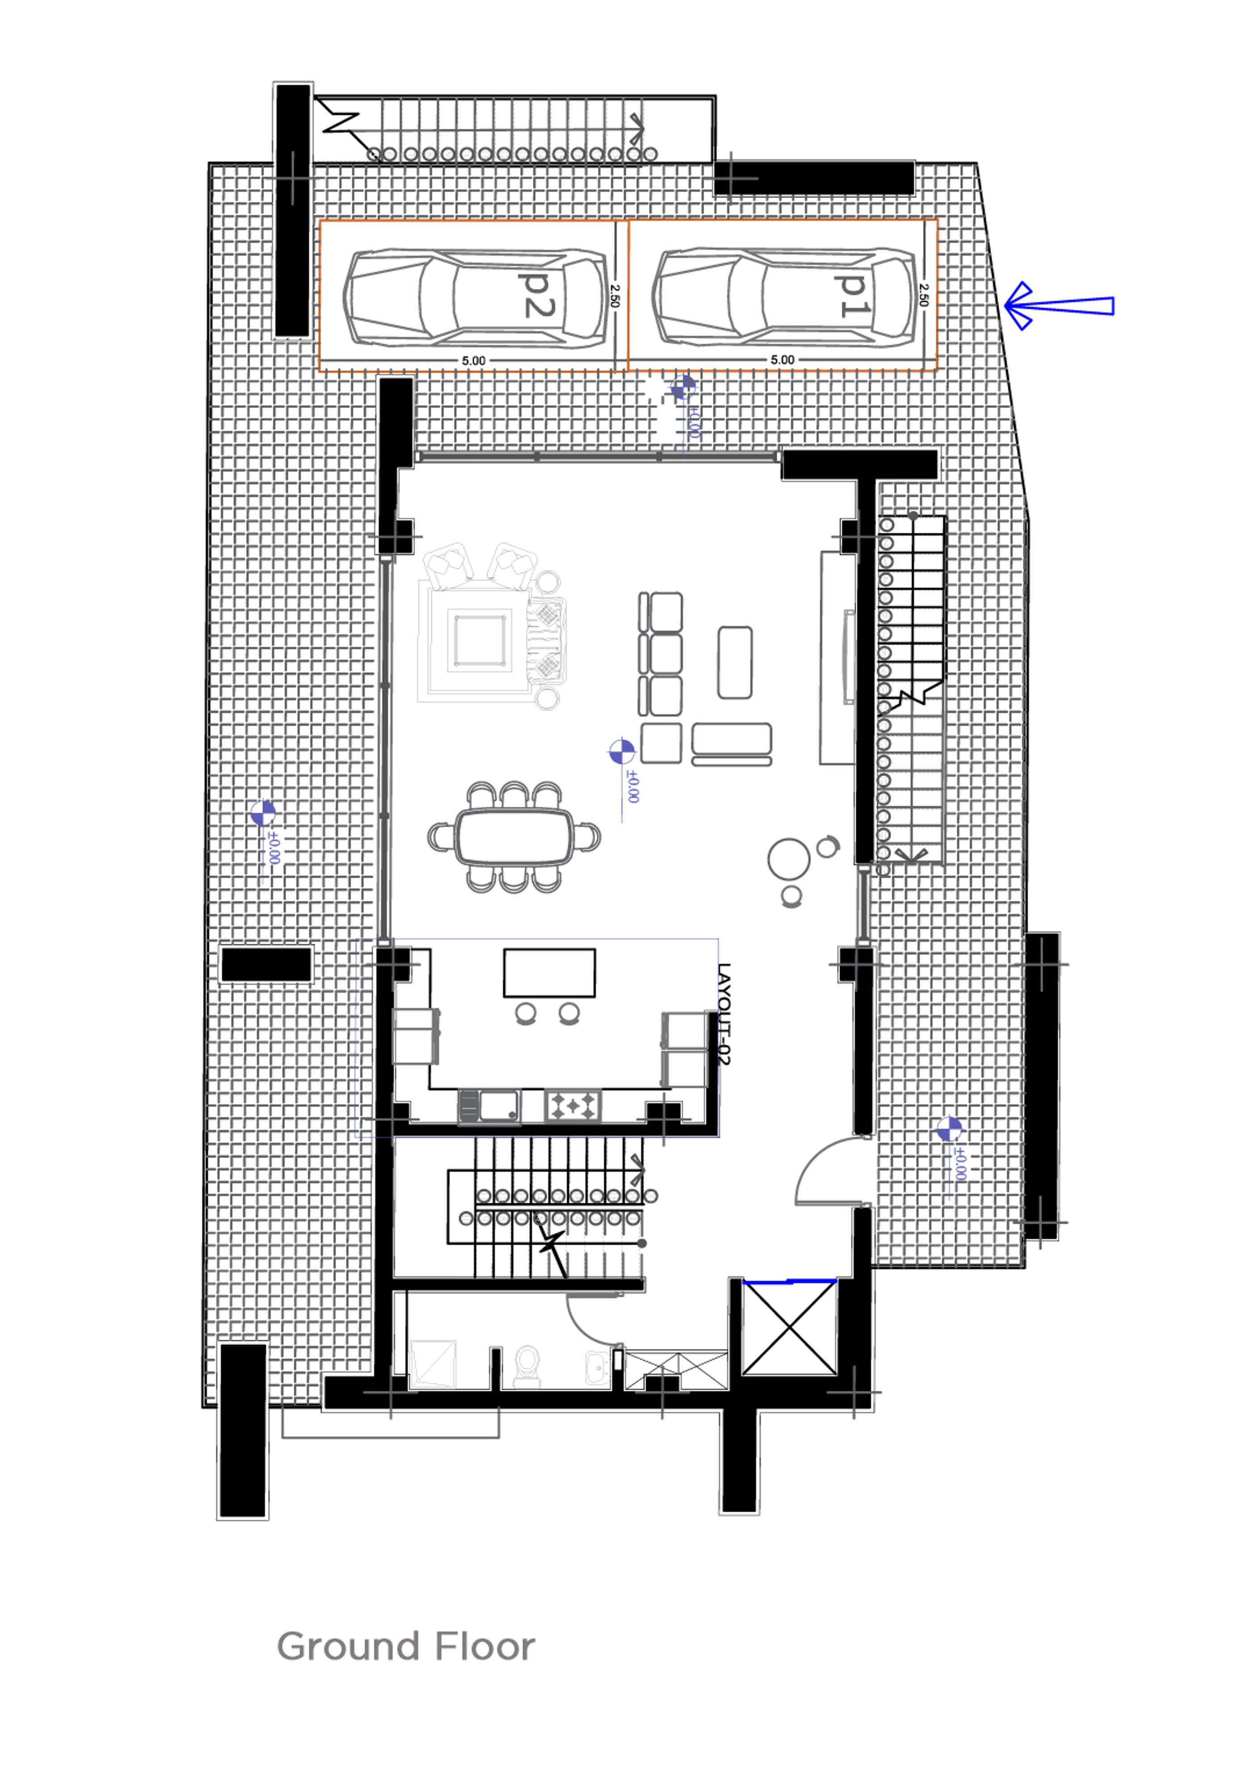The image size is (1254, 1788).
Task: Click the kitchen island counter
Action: click(549, 973)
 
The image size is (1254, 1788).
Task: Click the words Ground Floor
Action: click(406, 1647)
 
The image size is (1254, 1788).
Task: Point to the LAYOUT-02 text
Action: click(724, 1015)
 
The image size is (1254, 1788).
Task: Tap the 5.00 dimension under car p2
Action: click(473, 361)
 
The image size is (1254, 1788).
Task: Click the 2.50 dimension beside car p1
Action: click(923, 295)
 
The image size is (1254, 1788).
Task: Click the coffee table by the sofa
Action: click(735, 662)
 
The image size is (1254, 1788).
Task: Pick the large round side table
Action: click(788, 859)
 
